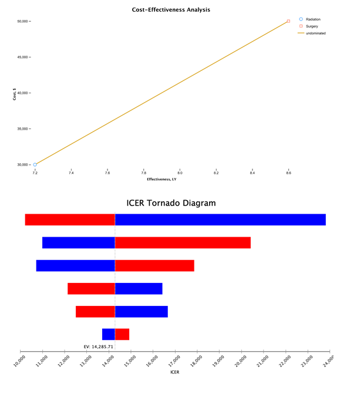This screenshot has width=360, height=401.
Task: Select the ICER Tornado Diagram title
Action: click(x=171, y=203)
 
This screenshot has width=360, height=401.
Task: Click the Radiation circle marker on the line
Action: click(x=35, y=164)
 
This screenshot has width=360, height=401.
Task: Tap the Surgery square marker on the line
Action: click(x=288, y=21)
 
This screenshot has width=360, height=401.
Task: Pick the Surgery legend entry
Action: click(x=312, y=26)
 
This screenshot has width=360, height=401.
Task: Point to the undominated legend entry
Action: click(x=315, y=33)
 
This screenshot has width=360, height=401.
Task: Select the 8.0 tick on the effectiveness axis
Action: click(x=180, y=173)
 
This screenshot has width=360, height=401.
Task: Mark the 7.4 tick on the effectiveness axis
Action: click(x=71, y=173)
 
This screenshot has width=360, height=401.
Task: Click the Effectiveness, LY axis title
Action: click(x=162, y=180)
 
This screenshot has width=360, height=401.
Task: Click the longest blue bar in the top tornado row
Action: click(x=220, y=220)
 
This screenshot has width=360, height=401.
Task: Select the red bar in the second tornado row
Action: click(x=183, y=242)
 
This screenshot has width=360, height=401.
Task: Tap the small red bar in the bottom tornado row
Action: click(x=122, y=334)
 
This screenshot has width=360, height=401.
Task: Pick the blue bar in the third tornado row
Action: click(x=75, y=265)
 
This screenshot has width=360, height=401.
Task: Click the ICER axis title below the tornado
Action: click(x=174, y=372)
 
